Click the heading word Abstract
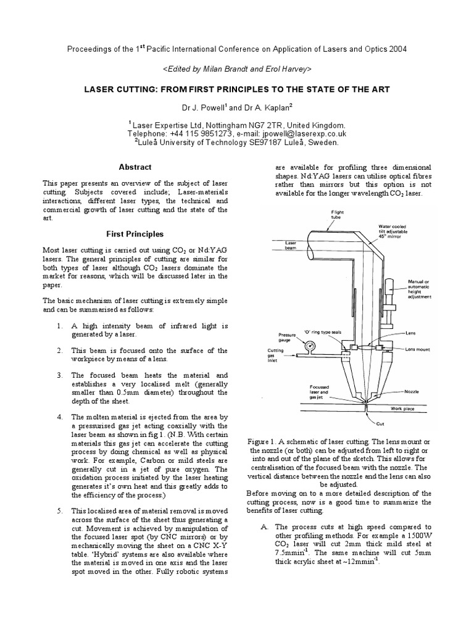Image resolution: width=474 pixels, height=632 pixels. click(135, 167)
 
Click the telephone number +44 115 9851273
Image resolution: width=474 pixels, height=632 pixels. click(197, 133)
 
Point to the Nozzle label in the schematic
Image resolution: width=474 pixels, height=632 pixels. click(412, 391)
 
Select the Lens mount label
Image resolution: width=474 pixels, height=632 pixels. click(418, 349)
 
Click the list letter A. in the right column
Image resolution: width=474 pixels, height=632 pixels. click(262, 526)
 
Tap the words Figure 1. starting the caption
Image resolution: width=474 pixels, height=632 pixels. click(264, 443)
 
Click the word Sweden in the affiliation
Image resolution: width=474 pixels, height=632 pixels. click(325, 143)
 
